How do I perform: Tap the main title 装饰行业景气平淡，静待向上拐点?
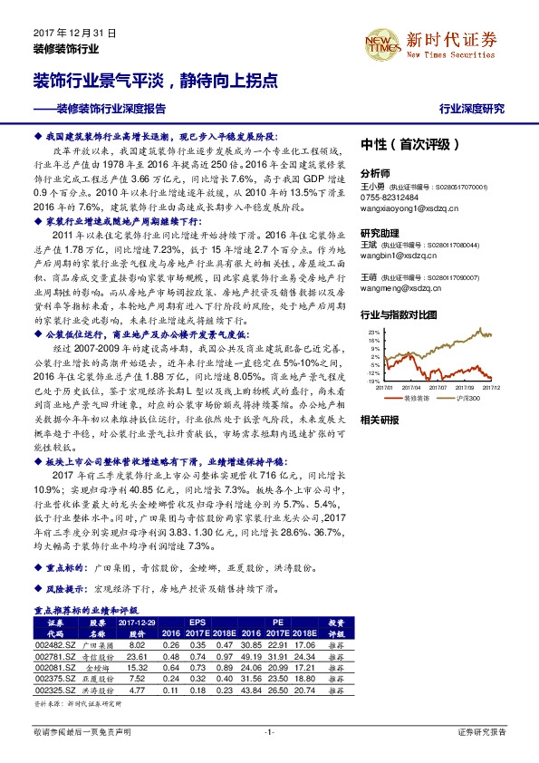pyautogui.click(x=156, y=81)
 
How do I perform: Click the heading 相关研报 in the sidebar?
pyautogui.click(x=379, y=420)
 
